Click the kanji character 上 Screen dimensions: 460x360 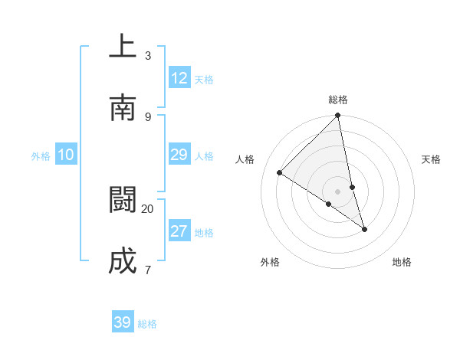[123, 47]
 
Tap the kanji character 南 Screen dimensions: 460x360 [123, 108]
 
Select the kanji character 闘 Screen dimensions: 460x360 [123, 201]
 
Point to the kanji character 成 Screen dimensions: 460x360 [123, 261]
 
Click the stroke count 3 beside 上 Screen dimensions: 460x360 [148, 56]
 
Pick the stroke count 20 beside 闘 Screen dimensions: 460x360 [148, 208]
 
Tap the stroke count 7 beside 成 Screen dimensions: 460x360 [148, 270]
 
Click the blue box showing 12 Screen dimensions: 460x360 [179, 78]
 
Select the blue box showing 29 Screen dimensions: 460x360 [179, 155]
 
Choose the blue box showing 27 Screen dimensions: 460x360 [179, 231]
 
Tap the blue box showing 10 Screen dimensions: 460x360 [66, 155]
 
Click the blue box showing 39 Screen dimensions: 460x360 [123, 322]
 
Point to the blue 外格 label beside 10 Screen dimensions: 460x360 [41, 156]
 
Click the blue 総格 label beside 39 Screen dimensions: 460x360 [147, 324]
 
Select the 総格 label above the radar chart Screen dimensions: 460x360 [338, 100]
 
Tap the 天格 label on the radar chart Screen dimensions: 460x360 [432, 159]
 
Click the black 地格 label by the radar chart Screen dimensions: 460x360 [402, 262]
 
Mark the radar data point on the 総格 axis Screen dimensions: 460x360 [338, 116]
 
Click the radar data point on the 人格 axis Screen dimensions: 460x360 [280, 173]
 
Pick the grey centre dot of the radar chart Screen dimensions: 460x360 [338, 191]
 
